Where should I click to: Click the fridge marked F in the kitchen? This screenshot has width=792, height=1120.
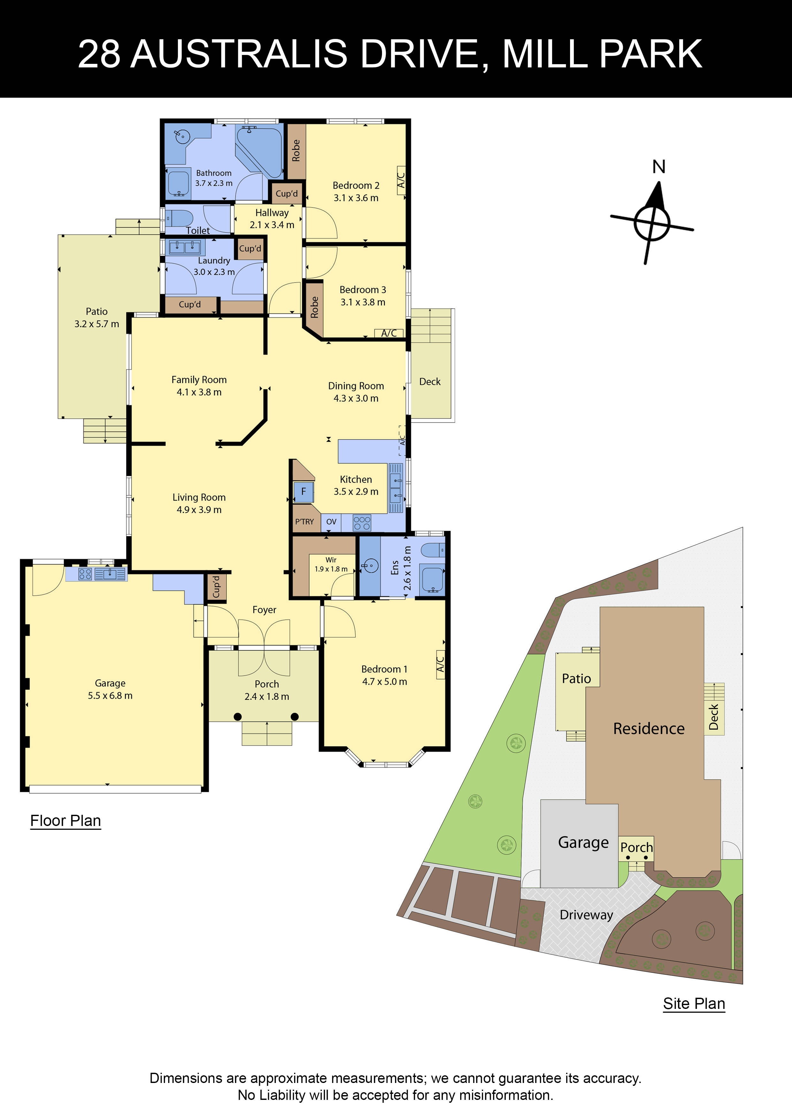pos(303,492)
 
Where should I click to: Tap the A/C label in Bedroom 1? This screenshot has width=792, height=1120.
pos(440,664)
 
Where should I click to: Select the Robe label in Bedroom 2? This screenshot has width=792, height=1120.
pos(296,151)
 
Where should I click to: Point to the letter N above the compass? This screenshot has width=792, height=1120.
pos(659,167)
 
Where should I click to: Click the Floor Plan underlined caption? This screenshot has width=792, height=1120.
pos(65,821)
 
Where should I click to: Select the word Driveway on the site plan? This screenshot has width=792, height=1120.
pos(586,915)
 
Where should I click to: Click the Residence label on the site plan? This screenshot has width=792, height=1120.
pos(649,729)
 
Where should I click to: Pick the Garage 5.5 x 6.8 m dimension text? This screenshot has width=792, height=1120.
pos(110,696)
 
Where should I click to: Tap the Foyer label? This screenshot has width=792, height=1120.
pos(264,610)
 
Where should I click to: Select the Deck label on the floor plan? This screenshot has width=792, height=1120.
pos(430,382)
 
